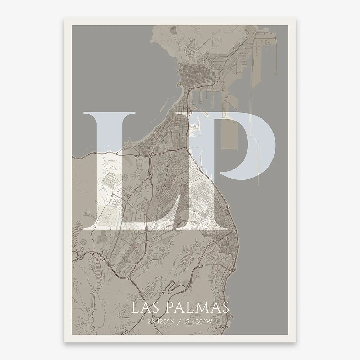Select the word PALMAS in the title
[x=197, y=308]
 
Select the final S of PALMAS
[x=225, y=308]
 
